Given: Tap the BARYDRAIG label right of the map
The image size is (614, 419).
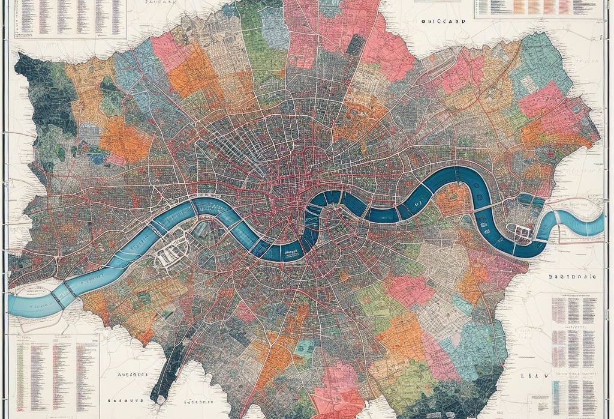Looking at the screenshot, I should [571, 278].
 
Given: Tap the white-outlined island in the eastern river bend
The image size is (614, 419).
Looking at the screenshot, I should [519, 229].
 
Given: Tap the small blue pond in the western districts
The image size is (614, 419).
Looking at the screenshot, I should [97, 159].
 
